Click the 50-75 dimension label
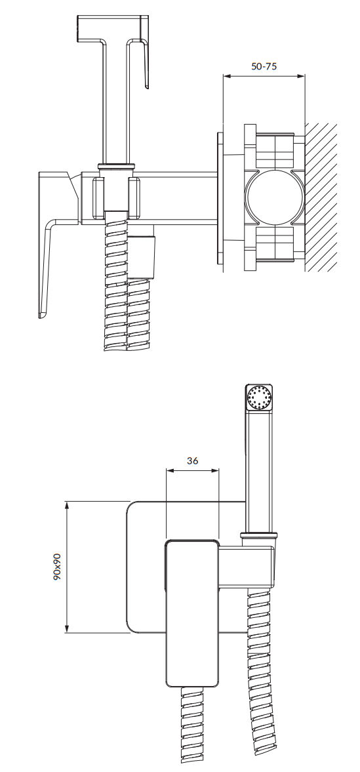pos(264,66)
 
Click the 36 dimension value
pos(193,461)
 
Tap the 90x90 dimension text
pos(57,567)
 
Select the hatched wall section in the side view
pos(321,197)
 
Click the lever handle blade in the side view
pos(49,268)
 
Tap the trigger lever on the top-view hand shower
pos(145,54)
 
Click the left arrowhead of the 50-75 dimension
pos(227,76)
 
